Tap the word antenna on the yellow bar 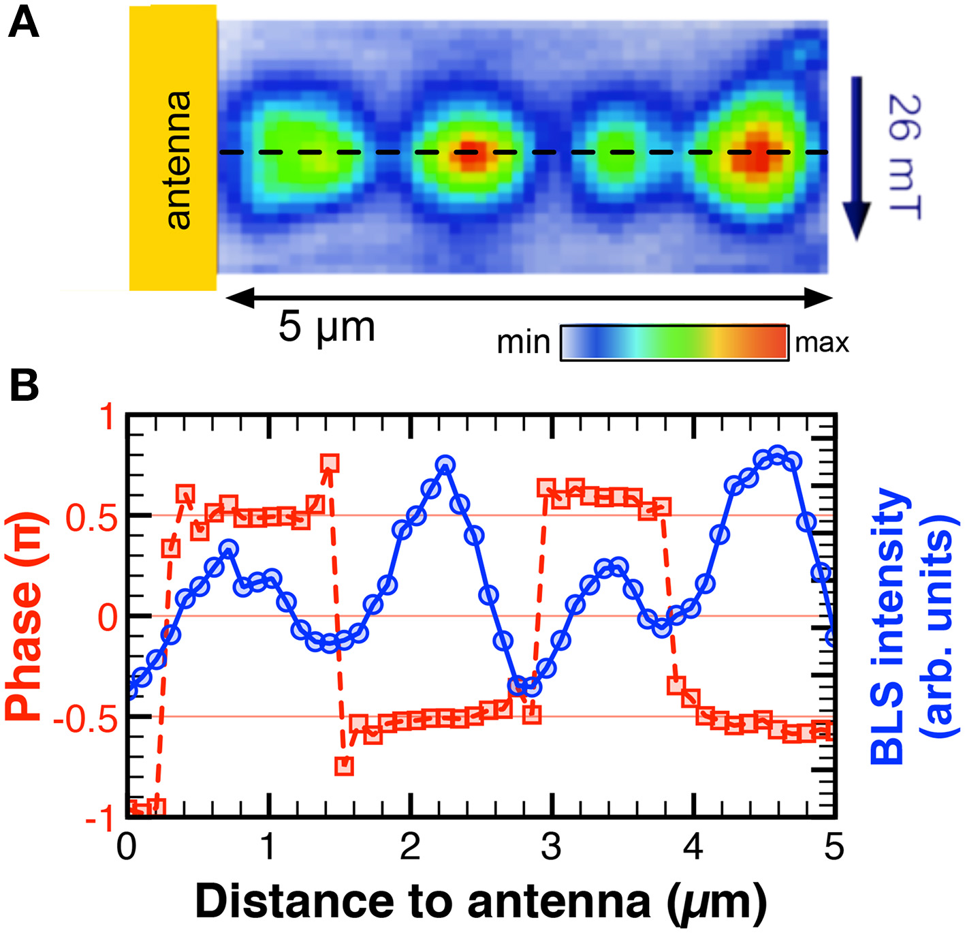[x=178, y=159]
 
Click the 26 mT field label [x=904, y=157]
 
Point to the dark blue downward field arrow [x=857, y=157]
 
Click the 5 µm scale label [x=327, y=327]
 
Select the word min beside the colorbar [x=523, y=342]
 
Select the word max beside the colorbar [x=822, y=342]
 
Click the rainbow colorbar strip [x=674, y=342]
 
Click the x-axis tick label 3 [x=551, y=847]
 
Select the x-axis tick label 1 [x=268, y=847]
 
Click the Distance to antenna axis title [x=480, y=902]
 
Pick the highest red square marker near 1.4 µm [x=330, y=463]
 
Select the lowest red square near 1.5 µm [x=344, y=766]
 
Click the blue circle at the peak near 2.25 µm [x=445, y=465]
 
